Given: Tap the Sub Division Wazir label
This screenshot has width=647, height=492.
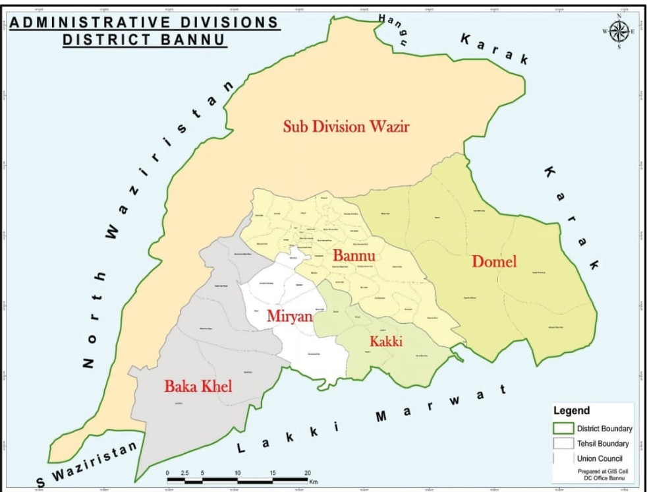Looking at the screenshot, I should [346, 126].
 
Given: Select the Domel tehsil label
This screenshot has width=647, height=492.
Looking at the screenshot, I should [494, 261].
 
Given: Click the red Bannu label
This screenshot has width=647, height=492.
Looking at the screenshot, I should [354, 255].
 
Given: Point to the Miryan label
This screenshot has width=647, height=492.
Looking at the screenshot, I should [289, 316].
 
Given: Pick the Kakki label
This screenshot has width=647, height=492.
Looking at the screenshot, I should [385, 341].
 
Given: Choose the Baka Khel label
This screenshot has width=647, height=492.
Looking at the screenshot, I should [198, 386].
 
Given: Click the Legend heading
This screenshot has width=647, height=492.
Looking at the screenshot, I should [571, 410].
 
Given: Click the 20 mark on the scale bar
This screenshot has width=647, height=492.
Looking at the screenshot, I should [307, 473].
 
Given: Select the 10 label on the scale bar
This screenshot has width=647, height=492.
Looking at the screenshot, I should [237, 473].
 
